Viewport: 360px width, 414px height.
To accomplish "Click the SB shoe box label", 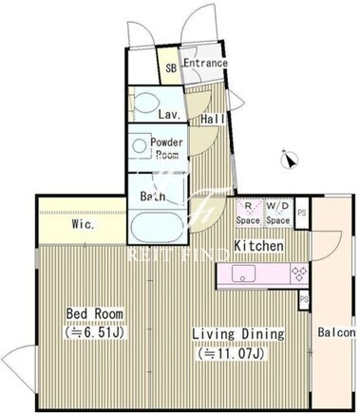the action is (171, 68).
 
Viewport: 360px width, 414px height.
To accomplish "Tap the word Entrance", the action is (206, 63).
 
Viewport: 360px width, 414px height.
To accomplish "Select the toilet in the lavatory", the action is (146, 103).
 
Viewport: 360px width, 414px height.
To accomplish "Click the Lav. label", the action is (170, 114).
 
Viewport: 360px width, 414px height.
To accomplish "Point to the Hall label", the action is (213, 119).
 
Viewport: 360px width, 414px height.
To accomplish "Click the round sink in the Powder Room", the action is (139, 146).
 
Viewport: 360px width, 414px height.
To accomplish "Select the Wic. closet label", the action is (83, 224).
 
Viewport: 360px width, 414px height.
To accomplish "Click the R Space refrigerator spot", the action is (249, 213).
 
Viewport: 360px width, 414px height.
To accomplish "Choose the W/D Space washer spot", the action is (278, 213).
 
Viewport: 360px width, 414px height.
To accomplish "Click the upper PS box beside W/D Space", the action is (302, 213).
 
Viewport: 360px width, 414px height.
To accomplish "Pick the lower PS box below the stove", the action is (304, 299).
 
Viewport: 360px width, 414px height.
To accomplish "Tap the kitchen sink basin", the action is (243, 273).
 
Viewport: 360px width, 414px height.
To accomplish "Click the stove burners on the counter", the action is (299, 274).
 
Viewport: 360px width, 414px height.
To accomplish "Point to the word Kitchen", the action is (258, 246).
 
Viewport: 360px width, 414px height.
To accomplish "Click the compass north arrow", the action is (290, 160).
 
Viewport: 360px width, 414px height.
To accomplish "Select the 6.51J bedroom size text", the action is (95, 332).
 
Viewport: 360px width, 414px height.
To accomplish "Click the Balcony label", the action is (336, 332).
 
